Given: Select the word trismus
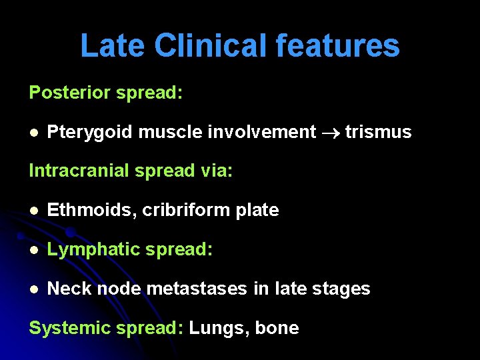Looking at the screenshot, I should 378,133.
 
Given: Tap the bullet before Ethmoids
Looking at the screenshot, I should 33,211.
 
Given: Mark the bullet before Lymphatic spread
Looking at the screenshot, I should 33,250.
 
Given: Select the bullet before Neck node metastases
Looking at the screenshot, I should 33,289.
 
